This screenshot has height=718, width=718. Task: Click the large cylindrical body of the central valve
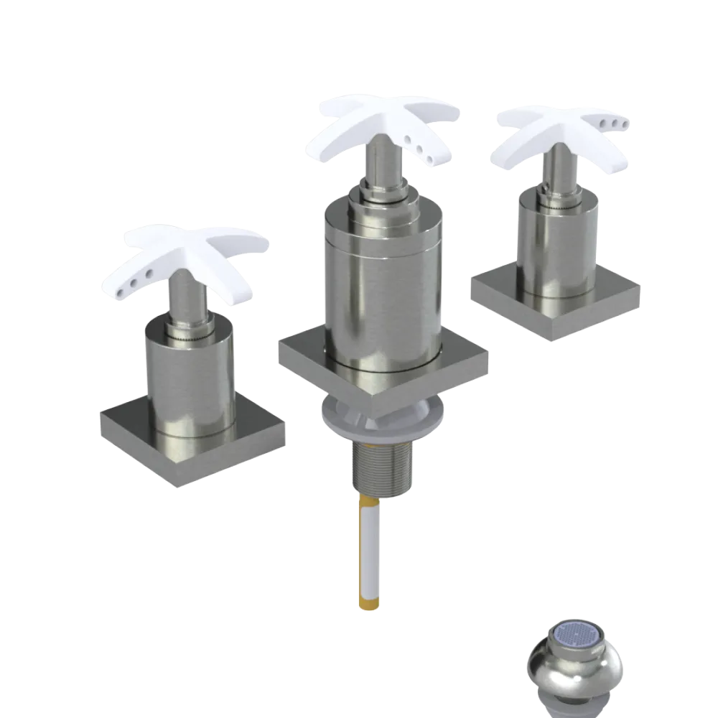(x=381, y=287)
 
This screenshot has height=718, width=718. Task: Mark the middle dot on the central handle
(x=419, y=146)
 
